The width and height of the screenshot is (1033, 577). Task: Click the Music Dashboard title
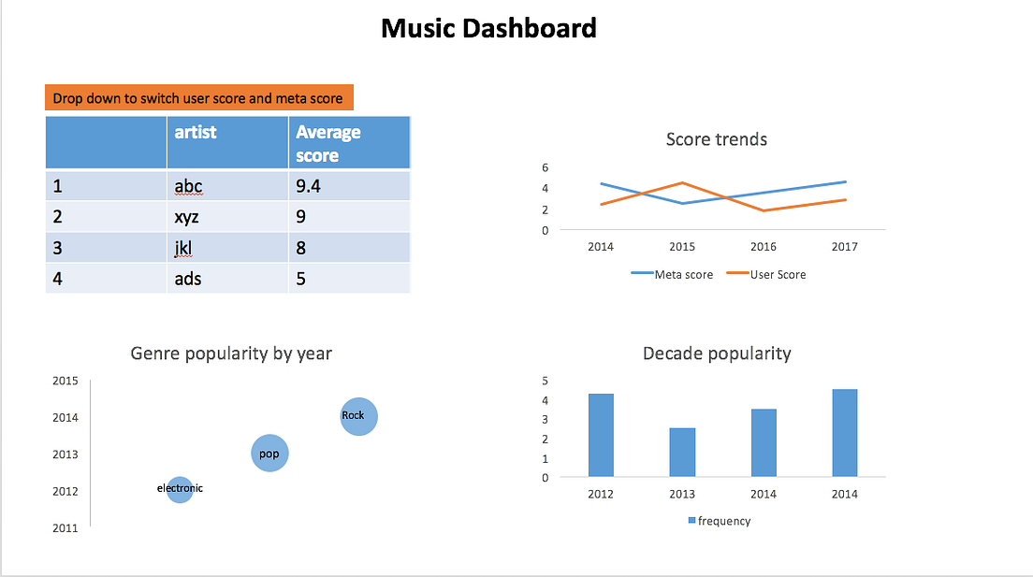coord(488,28)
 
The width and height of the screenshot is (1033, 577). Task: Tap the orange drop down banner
coord(198,98)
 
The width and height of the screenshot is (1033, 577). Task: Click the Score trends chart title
coord(716,139)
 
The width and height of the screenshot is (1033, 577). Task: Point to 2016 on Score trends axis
coord(763,247)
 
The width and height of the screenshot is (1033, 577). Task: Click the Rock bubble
coord(358,416)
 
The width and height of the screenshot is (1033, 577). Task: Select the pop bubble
coord(270,454)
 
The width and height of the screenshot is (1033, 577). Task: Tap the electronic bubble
coord(180,489)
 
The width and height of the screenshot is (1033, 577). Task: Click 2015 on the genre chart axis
coord(65,381)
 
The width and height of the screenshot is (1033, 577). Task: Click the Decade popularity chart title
coord(717,353)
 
